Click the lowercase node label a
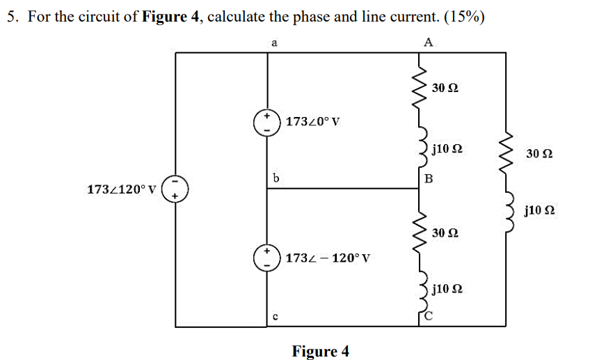(274, 42)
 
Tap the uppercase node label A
(428, 42)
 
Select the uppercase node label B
(429, 179)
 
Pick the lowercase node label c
(276, 318)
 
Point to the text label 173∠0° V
(313, 122)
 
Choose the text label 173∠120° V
(121, 189)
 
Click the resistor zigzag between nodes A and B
(420, 88)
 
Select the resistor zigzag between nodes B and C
(420, 231)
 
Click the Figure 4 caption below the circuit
(320, 351)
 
